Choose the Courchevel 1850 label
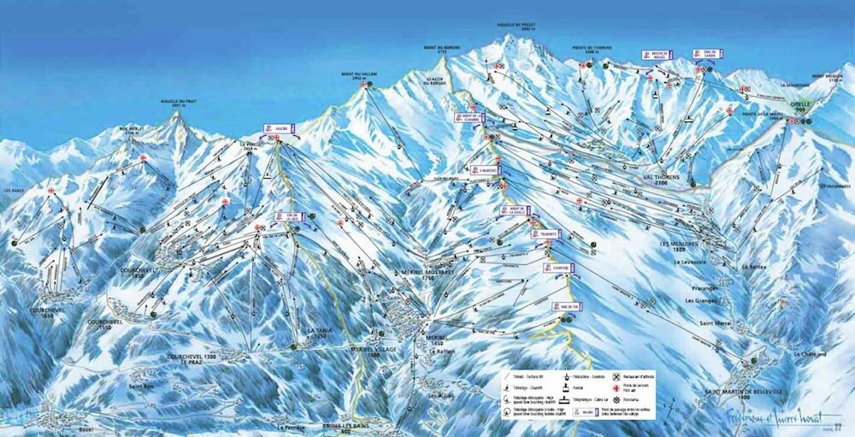click(139, 272)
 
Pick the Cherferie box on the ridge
click(556, 268)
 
